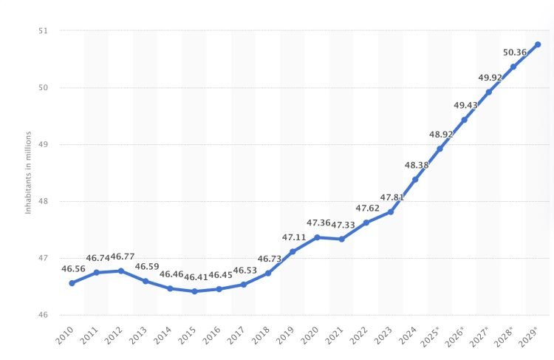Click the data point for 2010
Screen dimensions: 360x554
(72, 283)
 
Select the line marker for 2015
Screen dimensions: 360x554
(194, 291)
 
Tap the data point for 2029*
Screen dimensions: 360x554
(537, 44)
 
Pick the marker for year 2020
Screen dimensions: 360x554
(317, 237)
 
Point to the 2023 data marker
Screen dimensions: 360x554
(391, 211)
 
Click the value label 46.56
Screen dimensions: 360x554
(72, 269)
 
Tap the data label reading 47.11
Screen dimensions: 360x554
(293, 237)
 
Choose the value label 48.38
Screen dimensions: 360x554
(416, 165)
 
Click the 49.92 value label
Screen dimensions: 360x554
(490, 77)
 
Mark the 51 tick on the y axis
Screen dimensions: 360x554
(42, 31)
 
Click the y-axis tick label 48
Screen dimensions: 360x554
(42, 202)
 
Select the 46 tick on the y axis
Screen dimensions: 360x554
(42, 316)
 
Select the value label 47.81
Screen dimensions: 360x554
(391, 197)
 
